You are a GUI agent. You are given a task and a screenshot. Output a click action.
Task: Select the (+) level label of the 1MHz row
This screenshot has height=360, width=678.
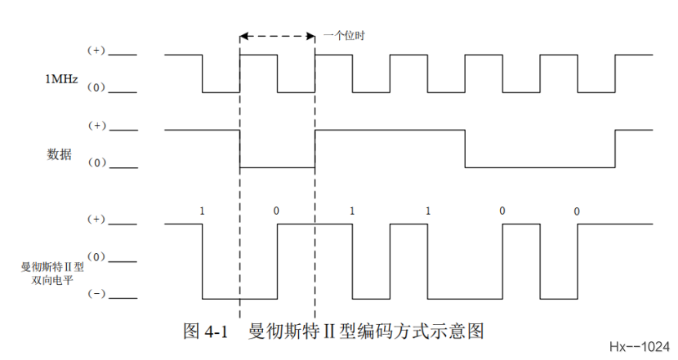[x=96, y=51]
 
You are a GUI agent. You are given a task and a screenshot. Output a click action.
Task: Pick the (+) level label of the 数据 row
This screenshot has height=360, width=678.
[x=96, y=127]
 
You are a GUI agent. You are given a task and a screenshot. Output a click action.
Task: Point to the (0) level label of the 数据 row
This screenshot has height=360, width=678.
[x=96, y=165]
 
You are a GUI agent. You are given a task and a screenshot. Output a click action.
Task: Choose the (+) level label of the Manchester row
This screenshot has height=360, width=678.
[x=96, y=220]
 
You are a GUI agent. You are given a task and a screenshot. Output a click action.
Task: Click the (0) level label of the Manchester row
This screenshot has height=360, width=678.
[x=96, y=257]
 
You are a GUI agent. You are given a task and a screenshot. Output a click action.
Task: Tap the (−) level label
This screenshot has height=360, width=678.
[x=96, y=295]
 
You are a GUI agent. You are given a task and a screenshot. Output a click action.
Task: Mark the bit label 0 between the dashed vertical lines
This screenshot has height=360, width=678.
[x=276, y=211]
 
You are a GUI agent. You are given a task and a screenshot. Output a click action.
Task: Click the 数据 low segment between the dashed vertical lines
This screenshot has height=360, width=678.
[x=277, y=168]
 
